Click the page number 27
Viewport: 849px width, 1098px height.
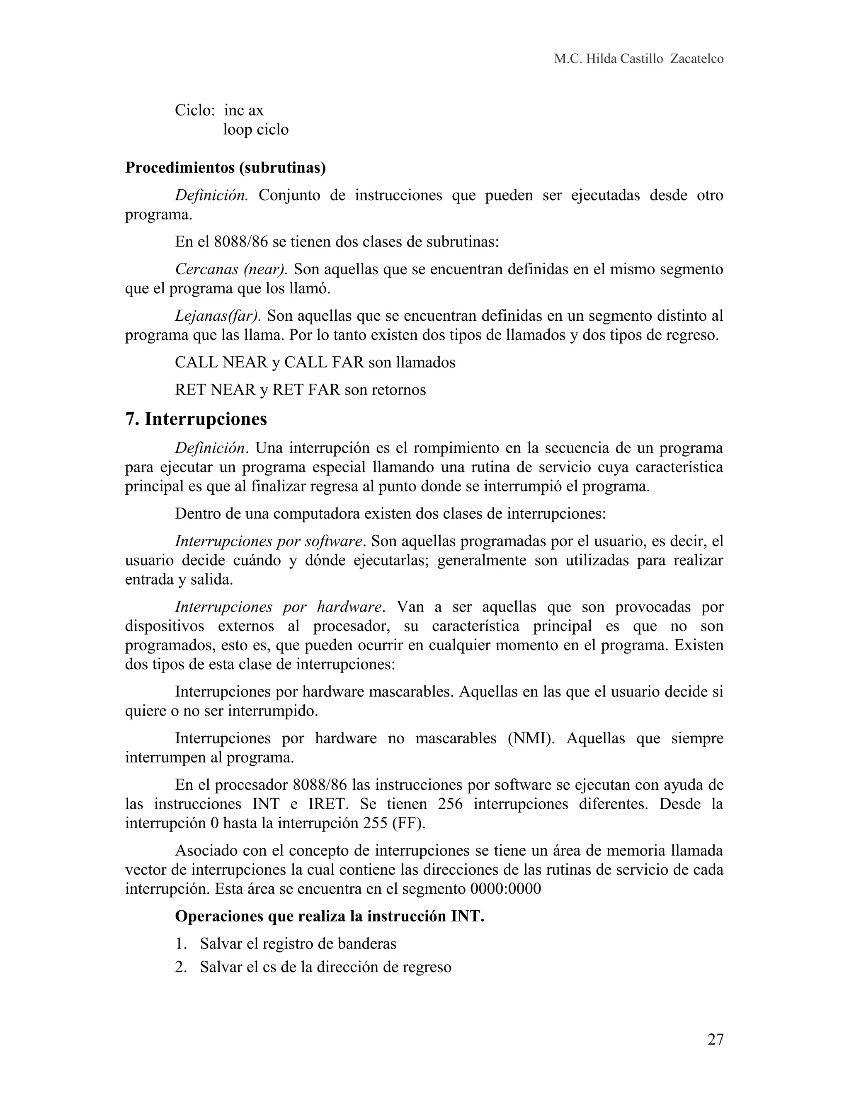point(715,1039)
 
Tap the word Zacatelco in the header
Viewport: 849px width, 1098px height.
point(696,59)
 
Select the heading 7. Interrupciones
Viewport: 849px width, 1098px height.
point(196,419)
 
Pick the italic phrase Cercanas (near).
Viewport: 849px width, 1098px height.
point(231,269)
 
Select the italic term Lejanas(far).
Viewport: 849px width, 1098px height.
point(217,316)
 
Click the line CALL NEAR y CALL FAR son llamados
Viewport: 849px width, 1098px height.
point(315,363)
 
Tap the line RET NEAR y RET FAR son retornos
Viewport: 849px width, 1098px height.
point(300,389)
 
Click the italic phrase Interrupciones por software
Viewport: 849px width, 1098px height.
point(269,541)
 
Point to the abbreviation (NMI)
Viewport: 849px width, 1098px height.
point(528,738)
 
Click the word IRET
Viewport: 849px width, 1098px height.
point(327,804)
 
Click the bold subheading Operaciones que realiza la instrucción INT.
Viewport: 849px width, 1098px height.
point(330,916)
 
